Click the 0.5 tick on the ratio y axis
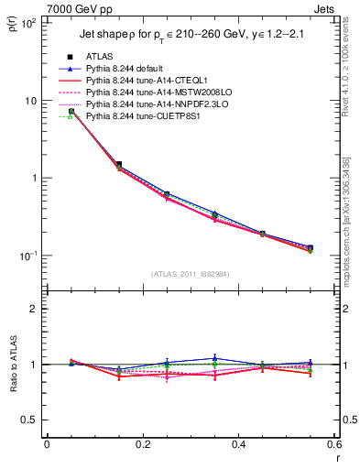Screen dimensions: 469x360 pyautogui.click(x=32, y=420)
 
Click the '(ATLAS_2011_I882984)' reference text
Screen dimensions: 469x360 pyautogui.click(x=190, y=274)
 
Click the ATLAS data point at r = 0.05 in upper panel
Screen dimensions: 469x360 pyautogui.click(x=71, y=111)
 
